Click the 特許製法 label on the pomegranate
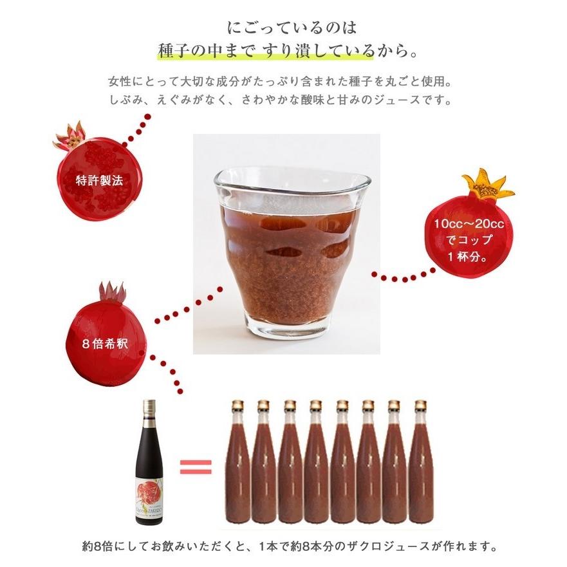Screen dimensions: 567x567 pyautogui.click(x=100, y=180)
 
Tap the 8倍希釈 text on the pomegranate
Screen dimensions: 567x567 pyautogui.click(x=105, y=344)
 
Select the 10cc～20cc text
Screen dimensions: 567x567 pyautogui.click(x=469, y=223)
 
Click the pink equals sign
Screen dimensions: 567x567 pyautogui.click(x=196, y=467)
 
